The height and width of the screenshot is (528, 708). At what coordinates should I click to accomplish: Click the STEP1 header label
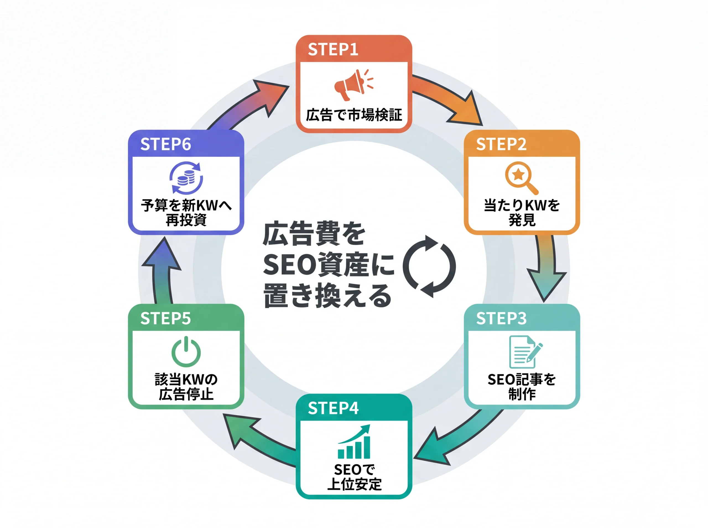(333, 49)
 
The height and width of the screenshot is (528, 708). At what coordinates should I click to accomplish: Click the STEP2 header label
(501, 144)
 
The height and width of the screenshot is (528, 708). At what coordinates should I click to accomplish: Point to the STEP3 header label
(501, 318)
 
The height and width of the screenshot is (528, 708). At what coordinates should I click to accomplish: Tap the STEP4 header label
(333, 408)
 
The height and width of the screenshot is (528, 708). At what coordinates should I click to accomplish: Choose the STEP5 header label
(165, 318)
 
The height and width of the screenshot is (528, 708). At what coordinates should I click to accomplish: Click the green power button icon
(186, 352)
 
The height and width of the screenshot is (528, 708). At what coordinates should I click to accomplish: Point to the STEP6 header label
(165, 144)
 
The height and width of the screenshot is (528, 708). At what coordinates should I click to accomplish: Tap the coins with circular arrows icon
(186, 178)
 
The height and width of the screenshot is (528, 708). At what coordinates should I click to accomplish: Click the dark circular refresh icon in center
(429, 267)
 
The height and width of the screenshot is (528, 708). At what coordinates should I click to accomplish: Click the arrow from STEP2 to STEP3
(546, 269)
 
